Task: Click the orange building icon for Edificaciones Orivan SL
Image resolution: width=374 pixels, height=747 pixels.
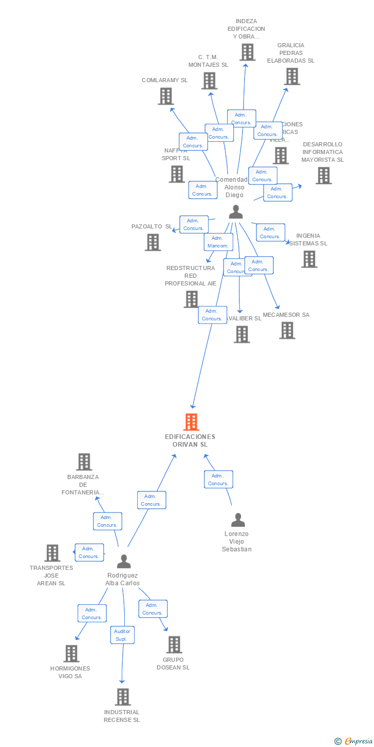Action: pos(191,422)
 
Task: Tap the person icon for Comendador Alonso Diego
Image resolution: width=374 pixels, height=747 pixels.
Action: pos(235,212)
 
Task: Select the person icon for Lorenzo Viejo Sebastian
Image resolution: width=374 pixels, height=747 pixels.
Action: pos(238,520)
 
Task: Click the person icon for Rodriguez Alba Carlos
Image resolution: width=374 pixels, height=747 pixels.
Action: pos(123,562)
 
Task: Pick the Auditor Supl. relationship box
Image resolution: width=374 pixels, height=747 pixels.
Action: pos(122,635)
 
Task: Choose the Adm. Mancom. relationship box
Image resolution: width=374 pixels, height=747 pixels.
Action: pos(218,242)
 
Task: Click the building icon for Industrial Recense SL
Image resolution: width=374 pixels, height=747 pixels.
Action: pos(123,697)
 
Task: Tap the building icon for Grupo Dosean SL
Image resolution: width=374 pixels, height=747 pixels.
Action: pos(174,644)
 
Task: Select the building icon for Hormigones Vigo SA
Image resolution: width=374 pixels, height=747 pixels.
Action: pos(71,653)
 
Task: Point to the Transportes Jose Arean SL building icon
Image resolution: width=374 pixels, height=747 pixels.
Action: pos(52,553)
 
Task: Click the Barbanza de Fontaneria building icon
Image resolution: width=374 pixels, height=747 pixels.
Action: pos(84,462)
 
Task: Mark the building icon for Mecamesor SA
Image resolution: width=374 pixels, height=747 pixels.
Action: pos(287,330)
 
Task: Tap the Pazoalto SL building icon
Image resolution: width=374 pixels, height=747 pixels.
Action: pos(153,242)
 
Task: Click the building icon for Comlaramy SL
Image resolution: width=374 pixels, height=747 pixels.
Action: pos(165,96)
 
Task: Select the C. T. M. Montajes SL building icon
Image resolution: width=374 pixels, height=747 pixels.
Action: pos(209,81)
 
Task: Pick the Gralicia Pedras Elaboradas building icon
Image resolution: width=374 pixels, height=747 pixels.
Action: pos(292,76)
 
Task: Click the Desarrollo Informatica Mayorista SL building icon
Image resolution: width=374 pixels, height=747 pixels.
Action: pos(323,176)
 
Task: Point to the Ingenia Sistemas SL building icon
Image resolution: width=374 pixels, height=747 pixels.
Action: pos(309,259)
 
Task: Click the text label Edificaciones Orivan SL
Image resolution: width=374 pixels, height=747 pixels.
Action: pos(190,440)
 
